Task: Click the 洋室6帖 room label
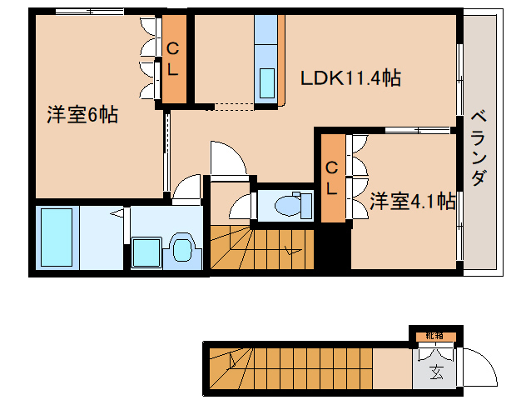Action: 82,116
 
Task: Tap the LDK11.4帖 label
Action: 350,78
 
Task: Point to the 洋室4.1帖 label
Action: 412,201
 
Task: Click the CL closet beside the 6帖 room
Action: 173,59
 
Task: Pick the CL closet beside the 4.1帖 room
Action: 331,177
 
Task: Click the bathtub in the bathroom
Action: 57,236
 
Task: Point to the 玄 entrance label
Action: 436,372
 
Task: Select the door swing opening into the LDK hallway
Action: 227,158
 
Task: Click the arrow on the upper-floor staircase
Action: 290,248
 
